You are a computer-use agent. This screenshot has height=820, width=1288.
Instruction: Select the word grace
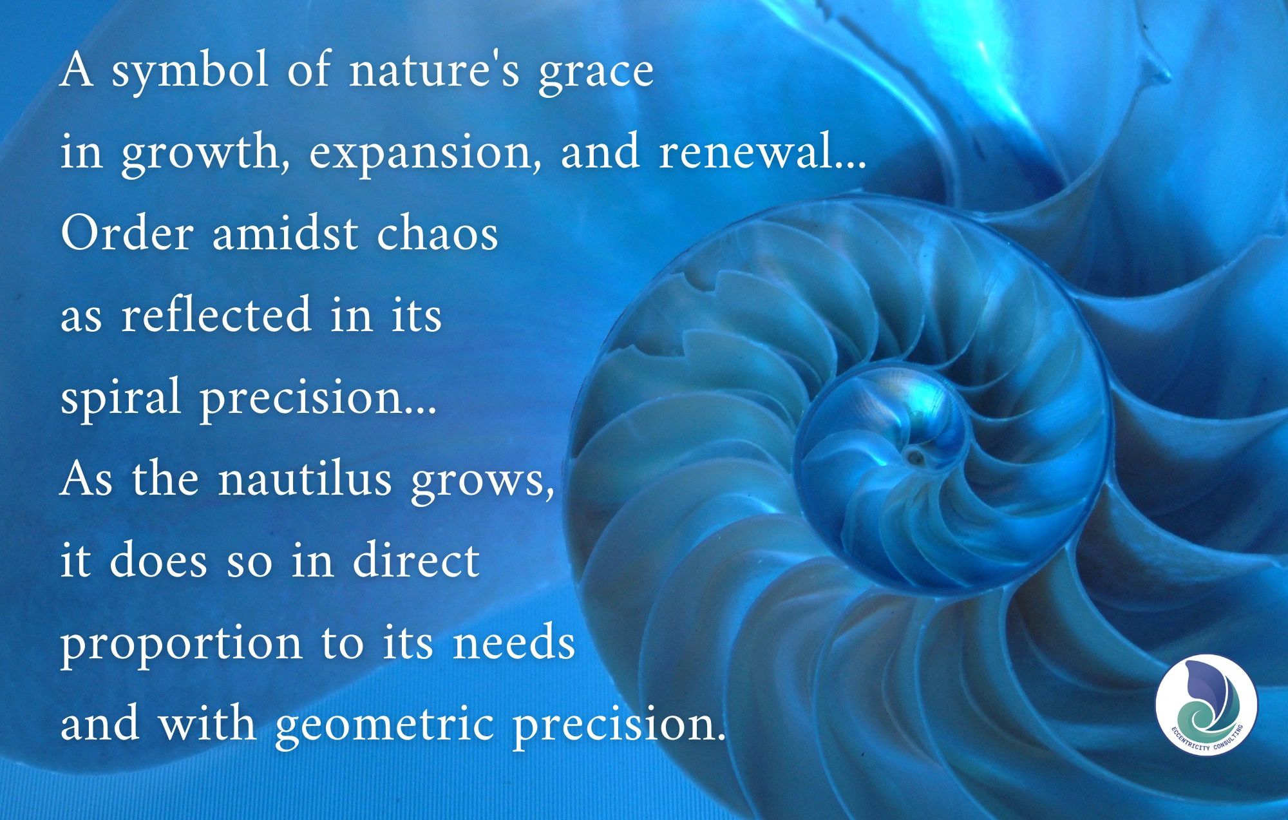[596, 75]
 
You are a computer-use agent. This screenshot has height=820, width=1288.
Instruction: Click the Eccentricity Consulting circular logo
[1206, 705]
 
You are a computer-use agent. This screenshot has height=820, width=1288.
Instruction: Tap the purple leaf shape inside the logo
[1203, 683]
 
